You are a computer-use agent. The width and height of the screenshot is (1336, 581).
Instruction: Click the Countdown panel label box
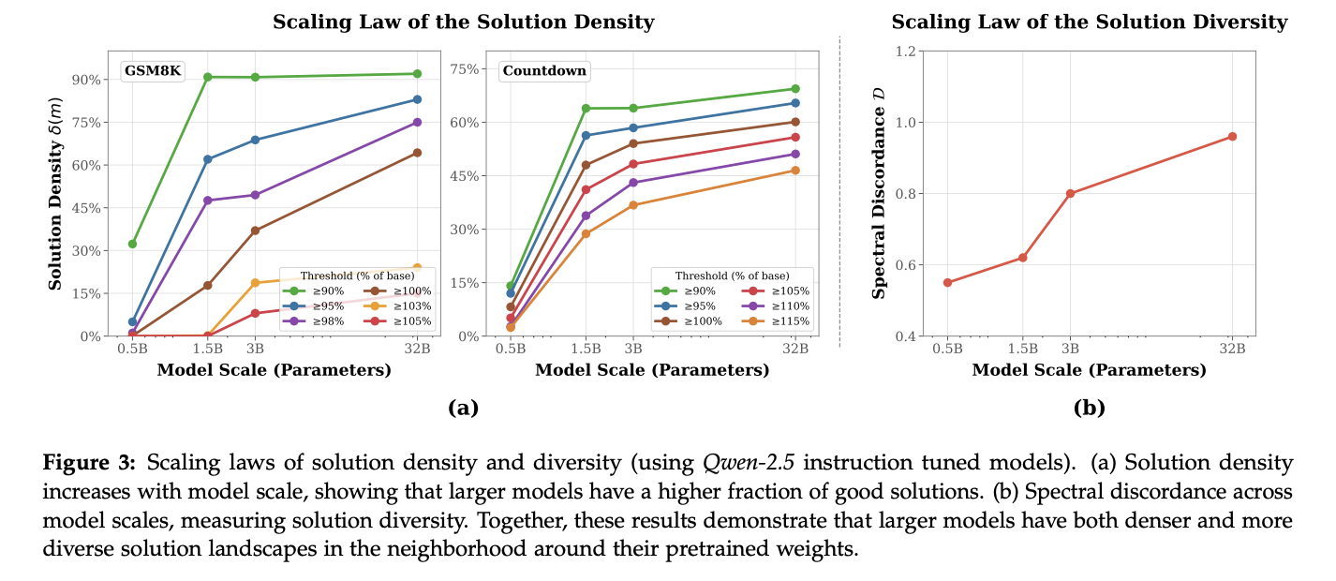click(x=530, y=70)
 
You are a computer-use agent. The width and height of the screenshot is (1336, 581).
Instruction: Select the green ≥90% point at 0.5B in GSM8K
click(x=132, y=244)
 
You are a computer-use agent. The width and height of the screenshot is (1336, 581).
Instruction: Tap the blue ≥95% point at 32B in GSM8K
click(x=417, y=99)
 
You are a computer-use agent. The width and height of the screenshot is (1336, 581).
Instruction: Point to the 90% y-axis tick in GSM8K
click(x=88, y=79)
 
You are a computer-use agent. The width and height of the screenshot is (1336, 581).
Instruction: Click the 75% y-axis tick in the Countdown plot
click(x=466, y=68)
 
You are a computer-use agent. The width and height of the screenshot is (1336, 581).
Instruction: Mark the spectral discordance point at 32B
click(x=1232, y=136)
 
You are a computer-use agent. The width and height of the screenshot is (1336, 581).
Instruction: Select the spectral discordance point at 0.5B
click(x=947, y=282)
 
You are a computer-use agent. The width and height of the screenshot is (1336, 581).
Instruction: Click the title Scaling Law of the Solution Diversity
click(x=1089, y=22)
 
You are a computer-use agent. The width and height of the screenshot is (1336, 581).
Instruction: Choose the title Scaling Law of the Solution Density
click(x=463, y=22)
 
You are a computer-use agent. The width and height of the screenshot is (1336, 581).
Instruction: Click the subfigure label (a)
click(x=463, y=408)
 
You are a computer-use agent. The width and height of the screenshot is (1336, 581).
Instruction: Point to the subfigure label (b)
click(x=1089, y=408)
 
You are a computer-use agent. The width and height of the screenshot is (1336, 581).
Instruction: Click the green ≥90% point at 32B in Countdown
click(x=795, y=89)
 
